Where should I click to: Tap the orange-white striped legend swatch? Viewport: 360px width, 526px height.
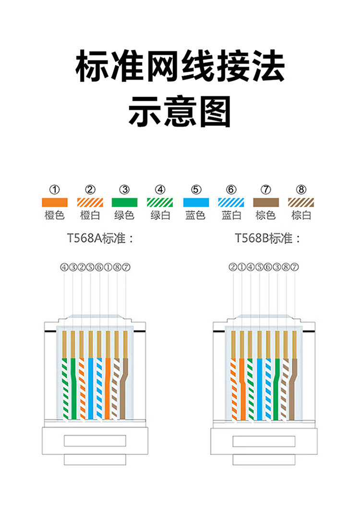(90, 203)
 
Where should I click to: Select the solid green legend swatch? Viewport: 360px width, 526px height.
(125, 203)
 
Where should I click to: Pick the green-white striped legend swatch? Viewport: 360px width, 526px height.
(160, 203)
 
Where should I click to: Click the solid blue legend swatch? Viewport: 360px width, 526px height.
(196, 203)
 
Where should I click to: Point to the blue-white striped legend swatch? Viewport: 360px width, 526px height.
(231, 203)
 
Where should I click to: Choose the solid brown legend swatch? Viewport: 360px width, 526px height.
(266, 203)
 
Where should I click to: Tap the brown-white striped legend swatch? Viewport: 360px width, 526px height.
(301, 203)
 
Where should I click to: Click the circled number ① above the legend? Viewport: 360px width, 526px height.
(55, 190)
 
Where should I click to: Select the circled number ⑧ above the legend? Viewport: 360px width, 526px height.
(301, 190)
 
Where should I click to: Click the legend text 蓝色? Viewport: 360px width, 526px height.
(196, 215)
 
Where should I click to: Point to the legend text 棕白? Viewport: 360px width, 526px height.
(301, 215)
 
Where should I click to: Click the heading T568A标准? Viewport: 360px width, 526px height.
(100, 239)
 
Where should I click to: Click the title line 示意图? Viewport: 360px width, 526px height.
(180, 111)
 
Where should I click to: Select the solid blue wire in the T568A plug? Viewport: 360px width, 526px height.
(90, 389)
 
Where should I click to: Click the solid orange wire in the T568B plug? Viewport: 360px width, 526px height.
(242, 389)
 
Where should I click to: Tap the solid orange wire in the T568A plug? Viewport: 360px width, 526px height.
(108, 389)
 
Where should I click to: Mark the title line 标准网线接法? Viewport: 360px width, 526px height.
(180, 67)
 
